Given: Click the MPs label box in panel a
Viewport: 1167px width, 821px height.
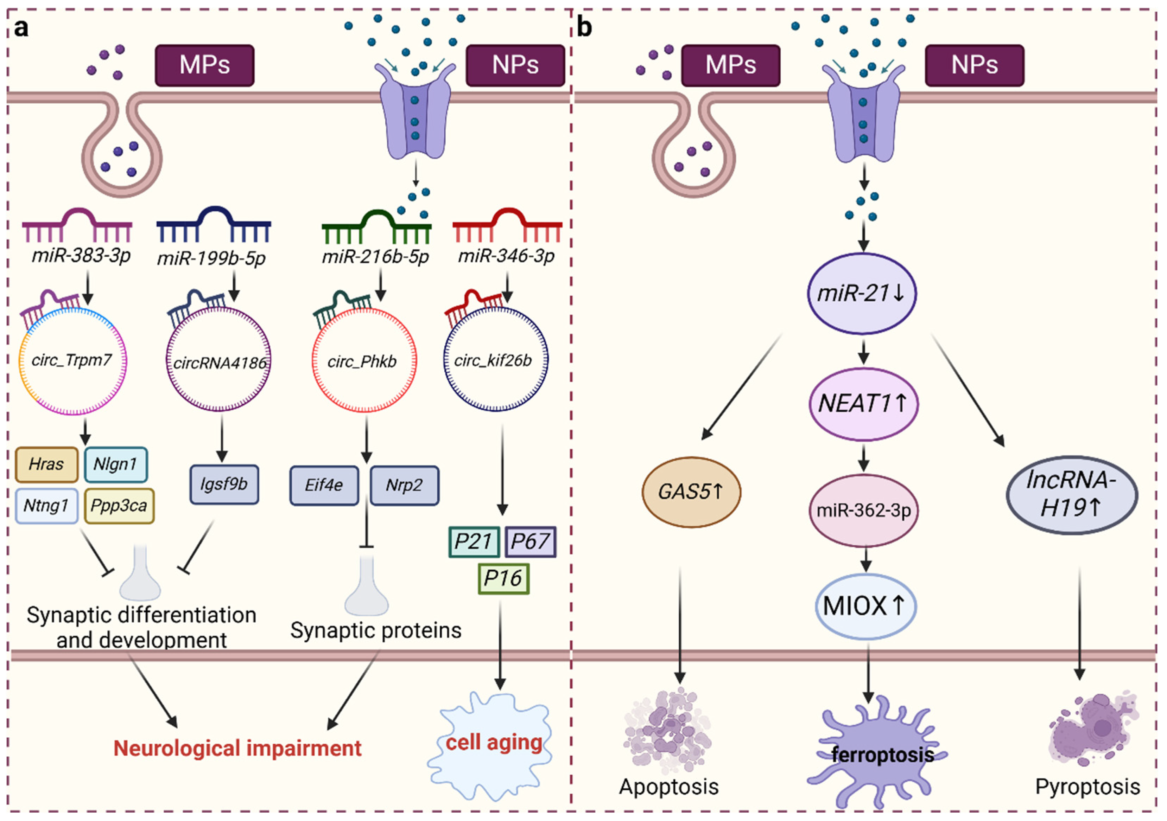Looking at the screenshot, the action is coord(204,65).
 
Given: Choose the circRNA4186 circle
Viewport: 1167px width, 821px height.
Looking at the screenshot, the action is coord(167,361).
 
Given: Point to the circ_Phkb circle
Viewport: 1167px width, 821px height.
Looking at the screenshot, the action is coord(312,361).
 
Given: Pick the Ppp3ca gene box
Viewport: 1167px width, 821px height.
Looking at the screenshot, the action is coord(119,506).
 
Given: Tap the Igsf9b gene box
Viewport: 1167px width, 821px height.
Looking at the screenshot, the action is coord(224,485).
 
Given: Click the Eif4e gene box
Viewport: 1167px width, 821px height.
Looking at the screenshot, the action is coord(324,486).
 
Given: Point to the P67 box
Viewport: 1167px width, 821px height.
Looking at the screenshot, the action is coord(531,541).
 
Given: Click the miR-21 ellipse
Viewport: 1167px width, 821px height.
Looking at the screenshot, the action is coord(863,294).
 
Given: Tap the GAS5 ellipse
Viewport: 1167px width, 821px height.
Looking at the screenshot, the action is coord(691,492).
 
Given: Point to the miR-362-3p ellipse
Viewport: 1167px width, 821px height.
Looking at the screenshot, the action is coord(864,511).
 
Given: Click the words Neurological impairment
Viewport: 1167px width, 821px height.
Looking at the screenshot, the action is coord(237,748).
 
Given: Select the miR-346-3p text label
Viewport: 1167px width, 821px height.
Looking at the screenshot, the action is coord(506,256).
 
